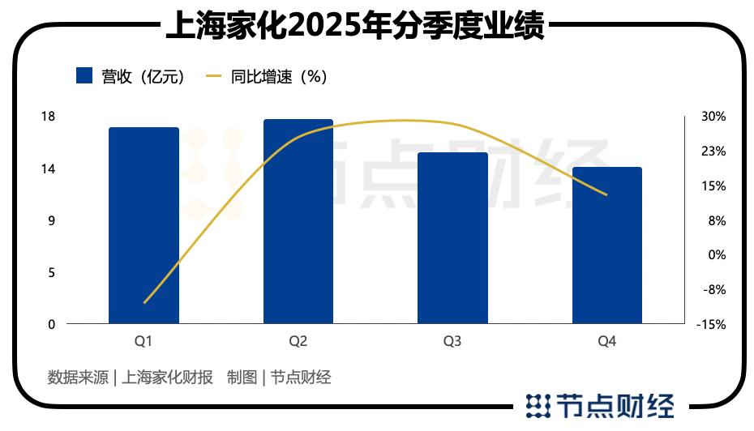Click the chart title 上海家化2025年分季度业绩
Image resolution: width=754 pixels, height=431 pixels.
354,29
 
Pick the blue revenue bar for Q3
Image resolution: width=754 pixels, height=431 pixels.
452,238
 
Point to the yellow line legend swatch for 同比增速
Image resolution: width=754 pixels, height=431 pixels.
214,76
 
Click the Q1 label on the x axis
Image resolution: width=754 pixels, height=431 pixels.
144,342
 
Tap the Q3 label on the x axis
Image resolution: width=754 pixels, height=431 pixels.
452,342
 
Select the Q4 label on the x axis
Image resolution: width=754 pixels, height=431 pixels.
606,342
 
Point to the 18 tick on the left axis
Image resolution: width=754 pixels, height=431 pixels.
48,117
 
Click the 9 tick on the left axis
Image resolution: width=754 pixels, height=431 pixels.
51,220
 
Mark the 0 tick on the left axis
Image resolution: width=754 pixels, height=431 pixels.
51,324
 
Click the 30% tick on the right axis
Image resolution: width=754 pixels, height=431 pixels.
713,117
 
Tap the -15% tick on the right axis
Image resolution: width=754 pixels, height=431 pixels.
711,324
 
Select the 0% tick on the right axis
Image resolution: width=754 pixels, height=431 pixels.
716,255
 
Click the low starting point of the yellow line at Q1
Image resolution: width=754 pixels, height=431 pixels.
144,303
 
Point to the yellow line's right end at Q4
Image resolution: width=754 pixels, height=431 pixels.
606,194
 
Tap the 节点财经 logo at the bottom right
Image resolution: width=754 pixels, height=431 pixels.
599,404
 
